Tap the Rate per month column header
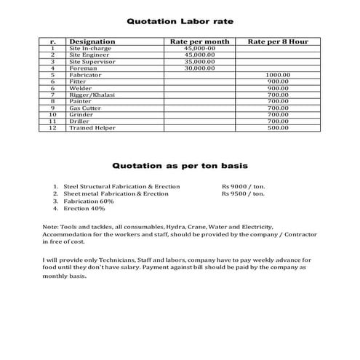[x=199, y=41]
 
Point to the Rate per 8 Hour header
[x=278, y=41]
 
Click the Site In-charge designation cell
[x=89, y=48]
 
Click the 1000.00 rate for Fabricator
[x=278, y=75]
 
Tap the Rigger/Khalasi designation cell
[x=92, y=95]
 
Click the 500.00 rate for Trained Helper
[x=278, y=127]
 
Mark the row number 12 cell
[x=52, y=127]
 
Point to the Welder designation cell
[x=81, y=88]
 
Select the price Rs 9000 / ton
[x=244, y=186]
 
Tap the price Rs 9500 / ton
[x=244, y=194]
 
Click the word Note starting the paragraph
[x=50, y=228]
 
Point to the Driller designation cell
[x=80, y=121]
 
